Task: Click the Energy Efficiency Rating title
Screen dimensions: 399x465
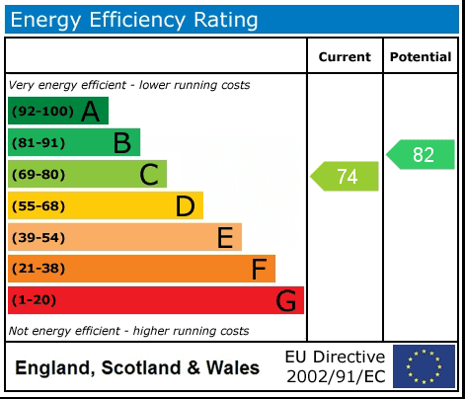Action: pos(135,19)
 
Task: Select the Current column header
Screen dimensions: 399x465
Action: pos(345,57)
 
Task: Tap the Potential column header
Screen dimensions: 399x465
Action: pos(421,57)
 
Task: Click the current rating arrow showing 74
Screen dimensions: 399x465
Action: pos(346,177)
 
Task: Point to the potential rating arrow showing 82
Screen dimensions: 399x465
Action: pos(422,154)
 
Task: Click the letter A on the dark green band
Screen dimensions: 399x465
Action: pos(90,112)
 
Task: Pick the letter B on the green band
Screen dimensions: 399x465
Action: pos(121,143)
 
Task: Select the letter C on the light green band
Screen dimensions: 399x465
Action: pos(149,175)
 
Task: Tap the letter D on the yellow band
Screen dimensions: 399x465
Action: pos(185,206)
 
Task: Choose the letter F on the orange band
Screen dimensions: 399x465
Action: pos(259,269)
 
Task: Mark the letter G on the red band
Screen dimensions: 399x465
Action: pos(285,300)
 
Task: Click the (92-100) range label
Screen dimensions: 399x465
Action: pos(41,112)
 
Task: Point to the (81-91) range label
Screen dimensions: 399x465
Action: pos(39,143)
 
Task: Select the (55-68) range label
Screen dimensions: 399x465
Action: pos(39,206)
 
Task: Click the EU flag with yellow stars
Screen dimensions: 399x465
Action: pos(424,366)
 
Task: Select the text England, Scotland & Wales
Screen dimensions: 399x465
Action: pos(137,368)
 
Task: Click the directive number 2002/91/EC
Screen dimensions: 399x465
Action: pos(335,376)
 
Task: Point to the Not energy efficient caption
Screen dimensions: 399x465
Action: pos(128,331)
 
